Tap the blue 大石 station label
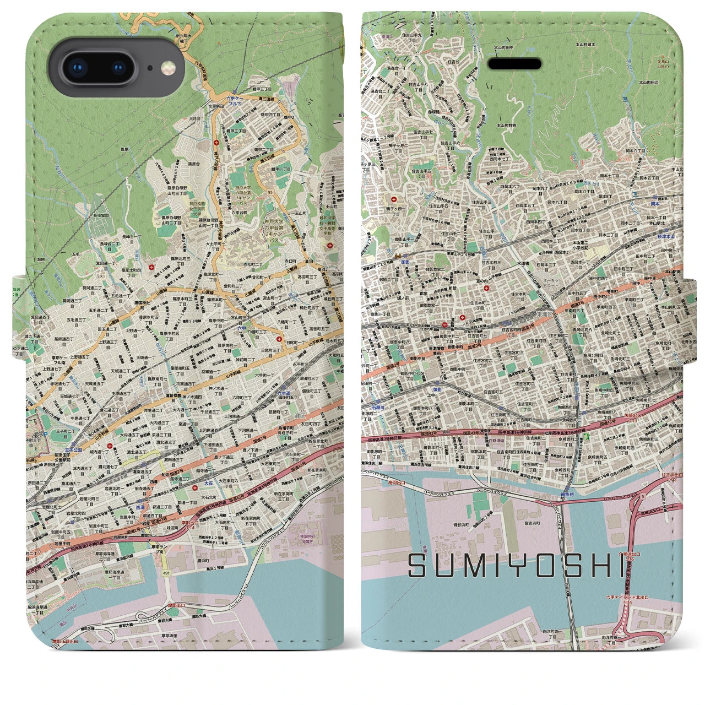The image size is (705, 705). pos(208,482)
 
